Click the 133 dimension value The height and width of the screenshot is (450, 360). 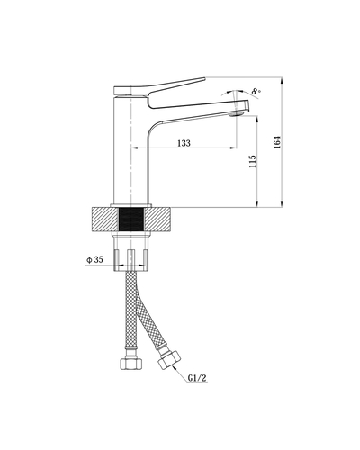(184, 143)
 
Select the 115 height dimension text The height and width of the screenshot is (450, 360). (253, 161)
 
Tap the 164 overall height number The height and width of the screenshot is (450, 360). (277, 142)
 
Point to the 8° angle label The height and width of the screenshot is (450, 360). (256, 91)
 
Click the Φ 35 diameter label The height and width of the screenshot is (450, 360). (94, 259)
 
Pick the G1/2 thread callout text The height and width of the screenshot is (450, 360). (197, 378)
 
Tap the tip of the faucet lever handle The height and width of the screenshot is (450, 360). (204, 79)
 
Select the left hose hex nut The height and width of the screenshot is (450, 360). (130, 363)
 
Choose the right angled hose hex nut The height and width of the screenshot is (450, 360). (169, 359)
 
